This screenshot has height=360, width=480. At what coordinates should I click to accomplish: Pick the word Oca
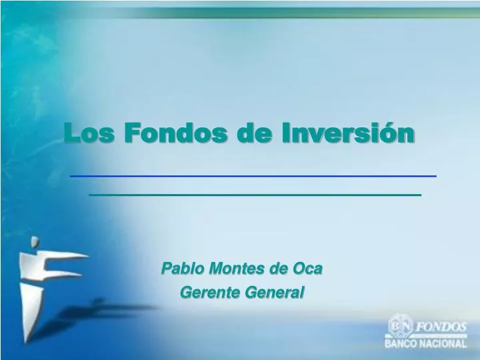[308, 269]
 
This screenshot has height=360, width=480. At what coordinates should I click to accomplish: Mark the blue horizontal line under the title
[253, 175]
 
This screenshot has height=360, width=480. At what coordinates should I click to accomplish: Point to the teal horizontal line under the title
[255, 195]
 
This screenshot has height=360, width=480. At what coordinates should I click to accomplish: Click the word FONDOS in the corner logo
[441, 327]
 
